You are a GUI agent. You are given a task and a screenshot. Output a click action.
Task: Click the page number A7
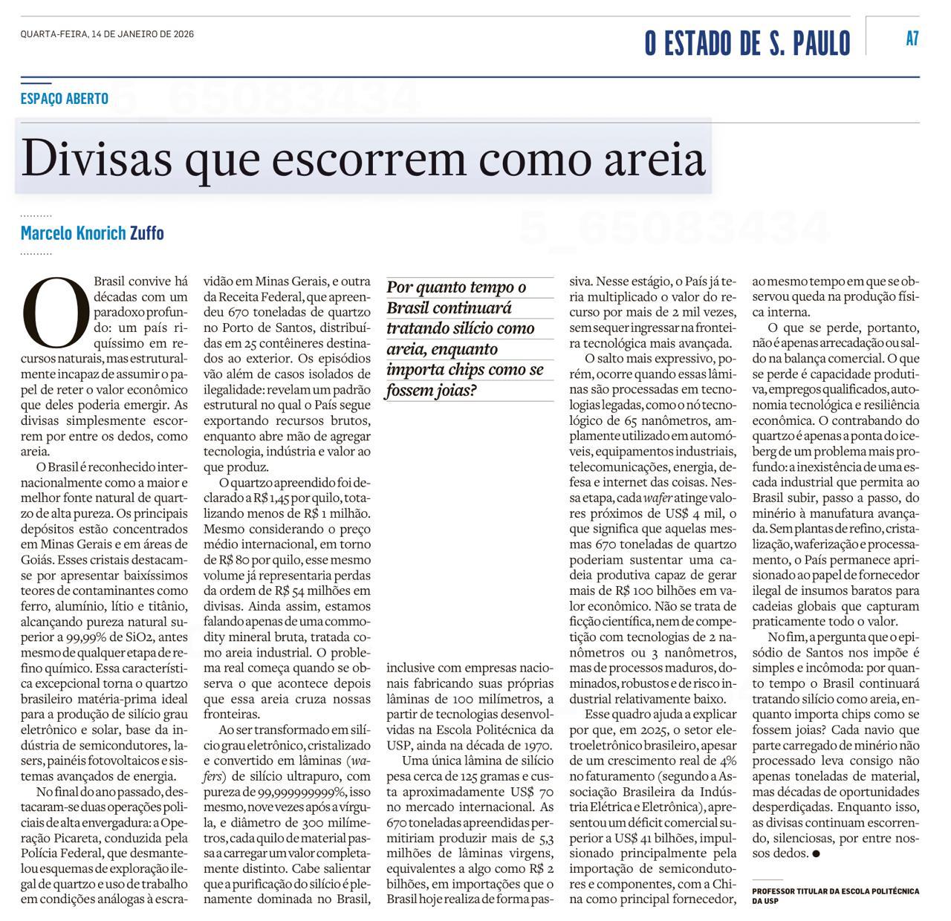(912, 39)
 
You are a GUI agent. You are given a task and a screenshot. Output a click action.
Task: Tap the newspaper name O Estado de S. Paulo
(747, 43)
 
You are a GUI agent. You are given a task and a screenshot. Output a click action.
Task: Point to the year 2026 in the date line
(183, 33)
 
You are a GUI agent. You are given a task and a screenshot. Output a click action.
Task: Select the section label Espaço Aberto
(65, 98)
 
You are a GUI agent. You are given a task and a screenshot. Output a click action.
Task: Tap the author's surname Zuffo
(147, 233)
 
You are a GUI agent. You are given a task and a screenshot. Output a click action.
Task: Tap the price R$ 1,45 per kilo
(294, 498)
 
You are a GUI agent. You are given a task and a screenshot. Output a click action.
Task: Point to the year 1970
(532, 745)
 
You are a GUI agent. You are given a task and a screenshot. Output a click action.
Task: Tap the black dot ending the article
(817, 853)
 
